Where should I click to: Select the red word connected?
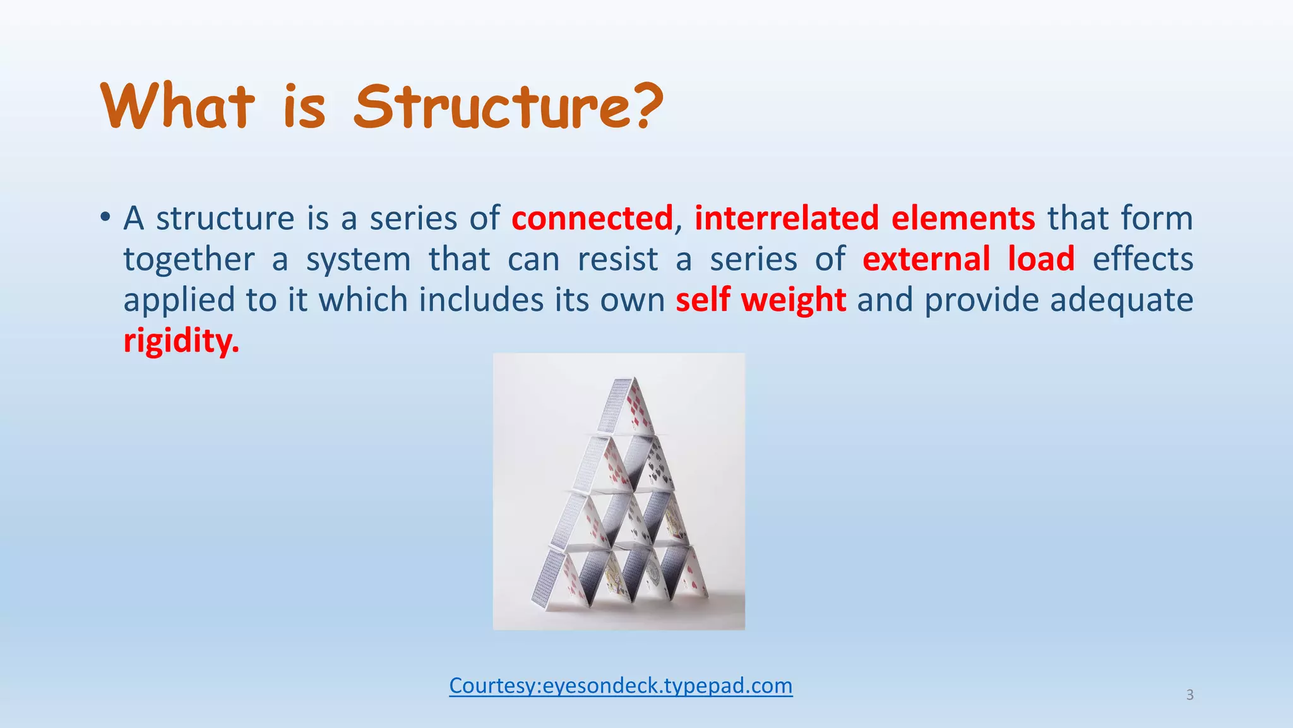[592, 218]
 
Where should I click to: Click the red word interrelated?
[787, 218]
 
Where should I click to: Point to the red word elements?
[963, 218]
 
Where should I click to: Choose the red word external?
[926, 259]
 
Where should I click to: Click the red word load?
[1041, 259]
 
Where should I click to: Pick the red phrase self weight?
[761, 300]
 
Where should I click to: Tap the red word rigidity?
[181, 341]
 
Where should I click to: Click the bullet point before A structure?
[105, 218]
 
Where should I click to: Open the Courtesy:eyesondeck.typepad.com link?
[621, 685]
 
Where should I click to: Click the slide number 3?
[1189, 695]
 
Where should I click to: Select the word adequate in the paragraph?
[1121, 300]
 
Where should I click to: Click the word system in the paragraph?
[359, 259]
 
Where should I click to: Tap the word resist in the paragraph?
[617, 259]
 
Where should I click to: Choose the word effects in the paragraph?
[1143, 259]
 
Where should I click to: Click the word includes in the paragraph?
[481, 300]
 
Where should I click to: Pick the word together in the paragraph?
[189, 259]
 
